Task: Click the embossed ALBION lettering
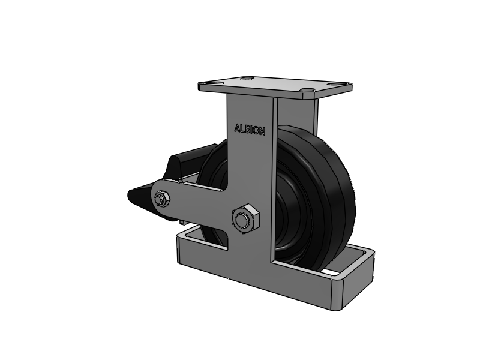[250, 130]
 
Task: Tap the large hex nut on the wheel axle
[246, 219]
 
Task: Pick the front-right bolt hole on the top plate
[307, 90]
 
